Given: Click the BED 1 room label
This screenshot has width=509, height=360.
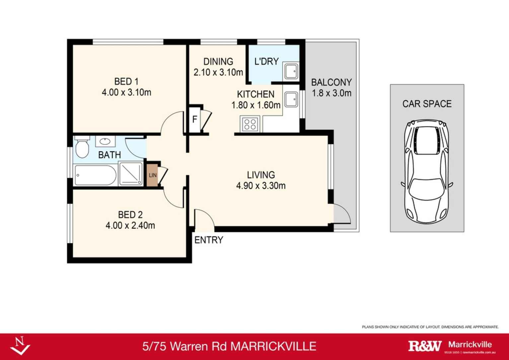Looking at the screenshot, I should pyautogui.click(x=126, y=81).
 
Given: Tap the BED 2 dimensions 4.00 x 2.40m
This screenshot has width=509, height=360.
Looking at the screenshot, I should pyautogui.click(x=130, y=226).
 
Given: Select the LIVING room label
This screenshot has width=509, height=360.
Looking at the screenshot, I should pyautogui.click(x=261, y=175).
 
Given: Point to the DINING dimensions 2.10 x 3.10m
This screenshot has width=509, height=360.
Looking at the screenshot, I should pyautogui.click(x=218, y=72).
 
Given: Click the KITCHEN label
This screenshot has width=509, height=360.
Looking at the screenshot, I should pyautogui.click(x=255, y=94).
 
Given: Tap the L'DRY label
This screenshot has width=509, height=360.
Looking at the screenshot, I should pyautogui.click(x=266, y=61).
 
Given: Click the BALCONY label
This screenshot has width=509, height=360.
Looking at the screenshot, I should pyautogui.click(x=331, y=82).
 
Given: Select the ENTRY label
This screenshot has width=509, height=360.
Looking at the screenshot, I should pyautogui.click(x=209, y=240).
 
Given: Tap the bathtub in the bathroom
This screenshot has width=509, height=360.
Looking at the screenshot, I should pyautogui.click(x=95, y=175).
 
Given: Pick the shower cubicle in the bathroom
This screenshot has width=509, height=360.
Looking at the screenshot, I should pyautogui.click(x=131, y=173).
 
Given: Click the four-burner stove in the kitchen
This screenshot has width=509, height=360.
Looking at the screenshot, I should pyautogui.click(x=250, y=124).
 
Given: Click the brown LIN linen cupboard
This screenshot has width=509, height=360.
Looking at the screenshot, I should pyautogui.click(x=152, y=175).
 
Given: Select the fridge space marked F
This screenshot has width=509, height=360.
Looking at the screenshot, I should pyautogui.click(x=195, y=119).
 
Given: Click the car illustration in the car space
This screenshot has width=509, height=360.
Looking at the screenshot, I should pyautogui.click(x=427, y=172).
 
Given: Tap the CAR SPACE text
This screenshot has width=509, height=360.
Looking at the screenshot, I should pyautogui.click(x=427, y=104).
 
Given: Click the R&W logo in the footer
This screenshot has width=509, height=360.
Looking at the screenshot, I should pyautogui.click(x=425, y=346).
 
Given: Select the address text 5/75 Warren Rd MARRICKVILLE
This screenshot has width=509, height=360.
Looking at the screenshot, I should pyautogui.click(x=229, y=346).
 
